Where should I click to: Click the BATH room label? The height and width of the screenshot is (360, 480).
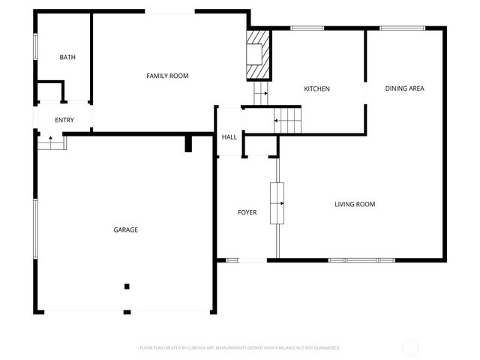pos(67,57)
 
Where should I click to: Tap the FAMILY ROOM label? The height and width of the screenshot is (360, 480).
pos(167,76)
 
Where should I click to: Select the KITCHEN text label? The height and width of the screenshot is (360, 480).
pos(316,89)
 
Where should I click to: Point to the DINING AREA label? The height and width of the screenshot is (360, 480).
pos(405,88)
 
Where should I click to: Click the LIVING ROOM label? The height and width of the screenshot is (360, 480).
pos(355,204)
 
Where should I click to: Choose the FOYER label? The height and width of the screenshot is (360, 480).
pos(247,212)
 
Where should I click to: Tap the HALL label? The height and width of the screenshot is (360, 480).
pos(229,137)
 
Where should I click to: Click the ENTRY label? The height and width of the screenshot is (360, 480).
pos(64,120)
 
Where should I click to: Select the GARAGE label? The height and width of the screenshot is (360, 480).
pos(126,229)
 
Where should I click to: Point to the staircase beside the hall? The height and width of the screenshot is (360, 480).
pos(288,119)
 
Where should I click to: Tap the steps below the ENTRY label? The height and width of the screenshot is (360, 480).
pos(51,141)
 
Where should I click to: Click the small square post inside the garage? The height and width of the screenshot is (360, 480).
pos(127,286)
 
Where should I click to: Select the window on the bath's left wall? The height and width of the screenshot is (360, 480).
pos(34,46)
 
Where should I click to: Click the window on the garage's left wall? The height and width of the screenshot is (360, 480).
pos(34,228)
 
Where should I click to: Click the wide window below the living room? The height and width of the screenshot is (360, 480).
pos(361,260)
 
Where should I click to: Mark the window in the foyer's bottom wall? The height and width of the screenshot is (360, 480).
pos(232,260)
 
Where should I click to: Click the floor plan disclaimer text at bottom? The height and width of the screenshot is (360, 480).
pos(240,348)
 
